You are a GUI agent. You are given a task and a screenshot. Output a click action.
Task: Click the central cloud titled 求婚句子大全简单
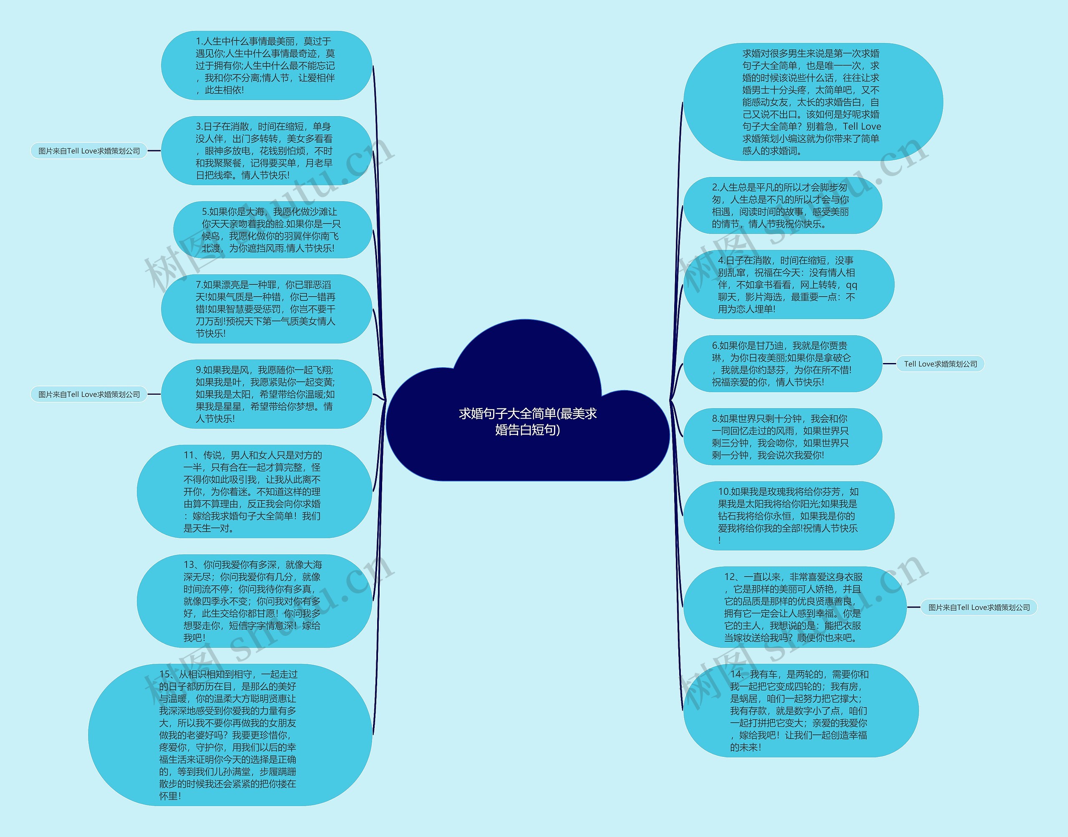(x=528, y=421)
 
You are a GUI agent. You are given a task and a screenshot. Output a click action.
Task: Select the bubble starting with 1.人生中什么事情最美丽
(x=266, y=66)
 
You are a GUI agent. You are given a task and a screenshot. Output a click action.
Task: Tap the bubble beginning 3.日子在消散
(x=266, y=151)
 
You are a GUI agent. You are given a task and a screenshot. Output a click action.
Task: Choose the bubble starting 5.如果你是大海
(x=272, y=230)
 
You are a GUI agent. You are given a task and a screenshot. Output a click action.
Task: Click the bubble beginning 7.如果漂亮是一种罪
(x=266, y=309)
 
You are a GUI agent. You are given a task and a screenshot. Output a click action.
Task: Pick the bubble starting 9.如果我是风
(x=266, y=394)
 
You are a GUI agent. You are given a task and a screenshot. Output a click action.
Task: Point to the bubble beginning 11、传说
(x=254, y=492)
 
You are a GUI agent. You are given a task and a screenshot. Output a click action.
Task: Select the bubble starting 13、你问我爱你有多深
(x=254, y=601)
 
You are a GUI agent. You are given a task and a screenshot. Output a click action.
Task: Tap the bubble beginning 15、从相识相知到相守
(x=229, y=735)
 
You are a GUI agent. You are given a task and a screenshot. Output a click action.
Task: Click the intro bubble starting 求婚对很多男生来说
(x=812, y=102)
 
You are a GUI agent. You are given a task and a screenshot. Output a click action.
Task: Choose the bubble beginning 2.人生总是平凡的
(x=782, y=205)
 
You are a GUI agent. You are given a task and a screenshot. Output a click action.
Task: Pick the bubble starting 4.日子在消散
(x=788, y=284)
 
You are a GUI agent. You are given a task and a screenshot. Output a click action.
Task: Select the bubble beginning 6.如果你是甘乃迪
(x=782, y=363)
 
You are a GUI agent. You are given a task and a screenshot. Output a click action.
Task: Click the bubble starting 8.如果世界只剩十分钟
(x=782, y=436)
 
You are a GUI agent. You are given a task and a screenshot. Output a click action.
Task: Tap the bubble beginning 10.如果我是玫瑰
(x=788, y=516)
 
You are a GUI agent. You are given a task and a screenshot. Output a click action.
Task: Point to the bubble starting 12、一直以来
(x=794, y=607)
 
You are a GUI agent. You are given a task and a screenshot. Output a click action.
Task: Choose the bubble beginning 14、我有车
(x=800, y=711)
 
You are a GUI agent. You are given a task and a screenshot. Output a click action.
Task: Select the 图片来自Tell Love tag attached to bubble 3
(x=89, y=151)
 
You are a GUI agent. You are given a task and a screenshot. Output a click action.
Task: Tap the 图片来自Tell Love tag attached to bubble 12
(x=979, y=607)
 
